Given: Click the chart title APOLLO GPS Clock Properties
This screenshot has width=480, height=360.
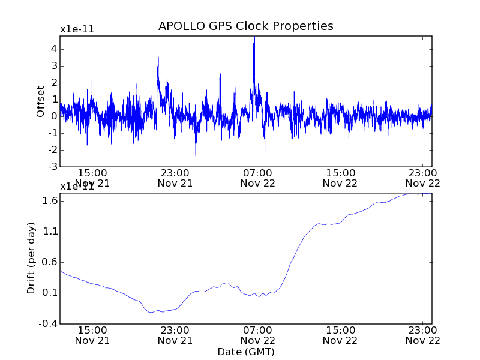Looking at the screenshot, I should (245, 26).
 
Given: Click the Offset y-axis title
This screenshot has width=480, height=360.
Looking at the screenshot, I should (41, 101).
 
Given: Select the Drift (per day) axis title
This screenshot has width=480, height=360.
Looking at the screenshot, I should (32, 258).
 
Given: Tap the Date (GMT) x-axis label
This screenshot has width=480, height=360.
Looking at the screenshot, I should (245, 352).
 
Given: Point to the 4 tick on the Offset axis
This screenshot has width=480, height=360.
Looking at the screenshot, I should (54, 49).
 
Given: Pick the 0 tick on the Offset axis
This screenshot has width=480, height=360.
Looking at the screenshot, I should (54, 116).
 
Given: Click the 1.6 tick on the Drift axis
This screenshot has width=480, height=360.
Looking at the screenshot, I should (49, 200).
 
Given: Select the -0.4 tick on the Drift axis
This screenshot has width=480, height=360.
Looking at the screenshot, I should (48, 324).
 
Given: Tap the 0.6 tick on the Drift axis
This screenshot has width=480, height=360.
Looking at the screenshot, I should (49, 262).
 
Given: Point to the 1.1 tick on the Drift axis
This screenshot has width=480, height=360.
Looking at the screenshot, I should (49, 232).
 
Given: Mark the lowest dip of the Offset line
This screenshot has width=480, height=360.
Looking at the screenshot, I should (196, 155).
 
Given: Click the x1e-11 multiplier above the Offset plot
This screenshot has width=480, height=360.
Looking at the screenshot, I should (77, 29).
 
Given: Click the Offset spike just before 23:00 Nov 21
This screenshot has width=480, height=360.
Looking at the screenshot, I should (158, 58).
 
